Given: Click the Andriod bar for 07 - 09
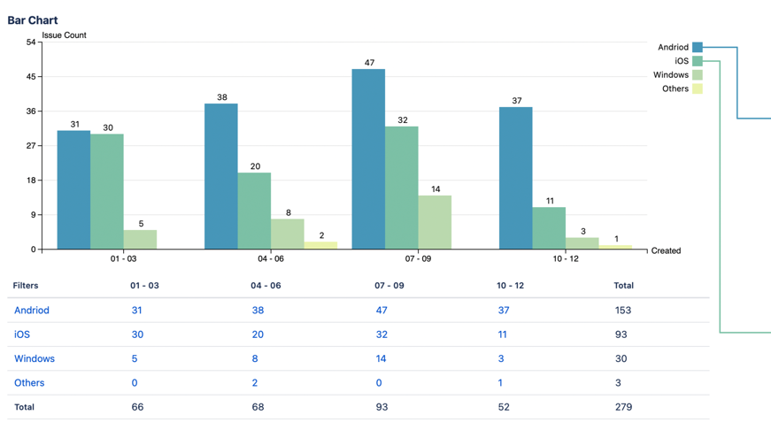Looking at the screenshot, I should pyautogui.click(x=368, y=159).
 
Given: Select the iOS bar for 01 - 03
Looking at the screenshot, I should pyautogui.click(x=107, y=191).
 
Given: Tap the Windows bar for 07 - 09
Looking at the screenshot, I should pyautogui.click(x=435, y=222).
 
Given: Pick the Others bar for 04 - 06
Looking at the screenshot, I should pyautogui.click(x=320, y=245).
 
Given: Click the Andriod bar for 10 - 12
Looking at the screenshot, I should pyautogui.click(x=515, y=178).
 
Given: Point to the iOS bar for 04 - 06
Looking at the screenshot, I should pyautogui.click(x=254, y=211).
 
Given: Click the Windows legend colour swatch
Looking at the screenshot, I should pyautogui.click(x=698, y=75).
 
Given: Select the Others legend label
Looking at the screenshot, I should pyautogui.click(x=675, y=88).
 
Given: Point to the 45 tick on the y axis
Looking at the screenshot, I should pyautogui.click(x=31, y=77).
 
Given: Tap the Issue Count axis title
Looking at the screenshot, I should pyautogui.click(x=64, y=35).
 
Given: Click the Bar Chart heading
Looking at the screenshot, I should pyautogui.click(x=33, y=20).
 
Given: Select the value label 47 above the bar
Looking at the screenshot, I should pyautogui.click(x=369, y=63).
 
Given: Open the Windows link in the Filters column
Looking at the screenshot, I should pyautogui.click(x=35, y=358).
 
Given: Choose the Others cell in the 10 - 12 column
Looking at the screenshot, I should pyautogui.click(x=500, y=383).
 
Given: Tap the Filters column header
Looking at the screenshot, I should pyautogui.click(x=26, y=286).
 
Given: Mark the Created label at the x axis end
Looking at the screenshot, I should pyautogui.click(x=666, y=250).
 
